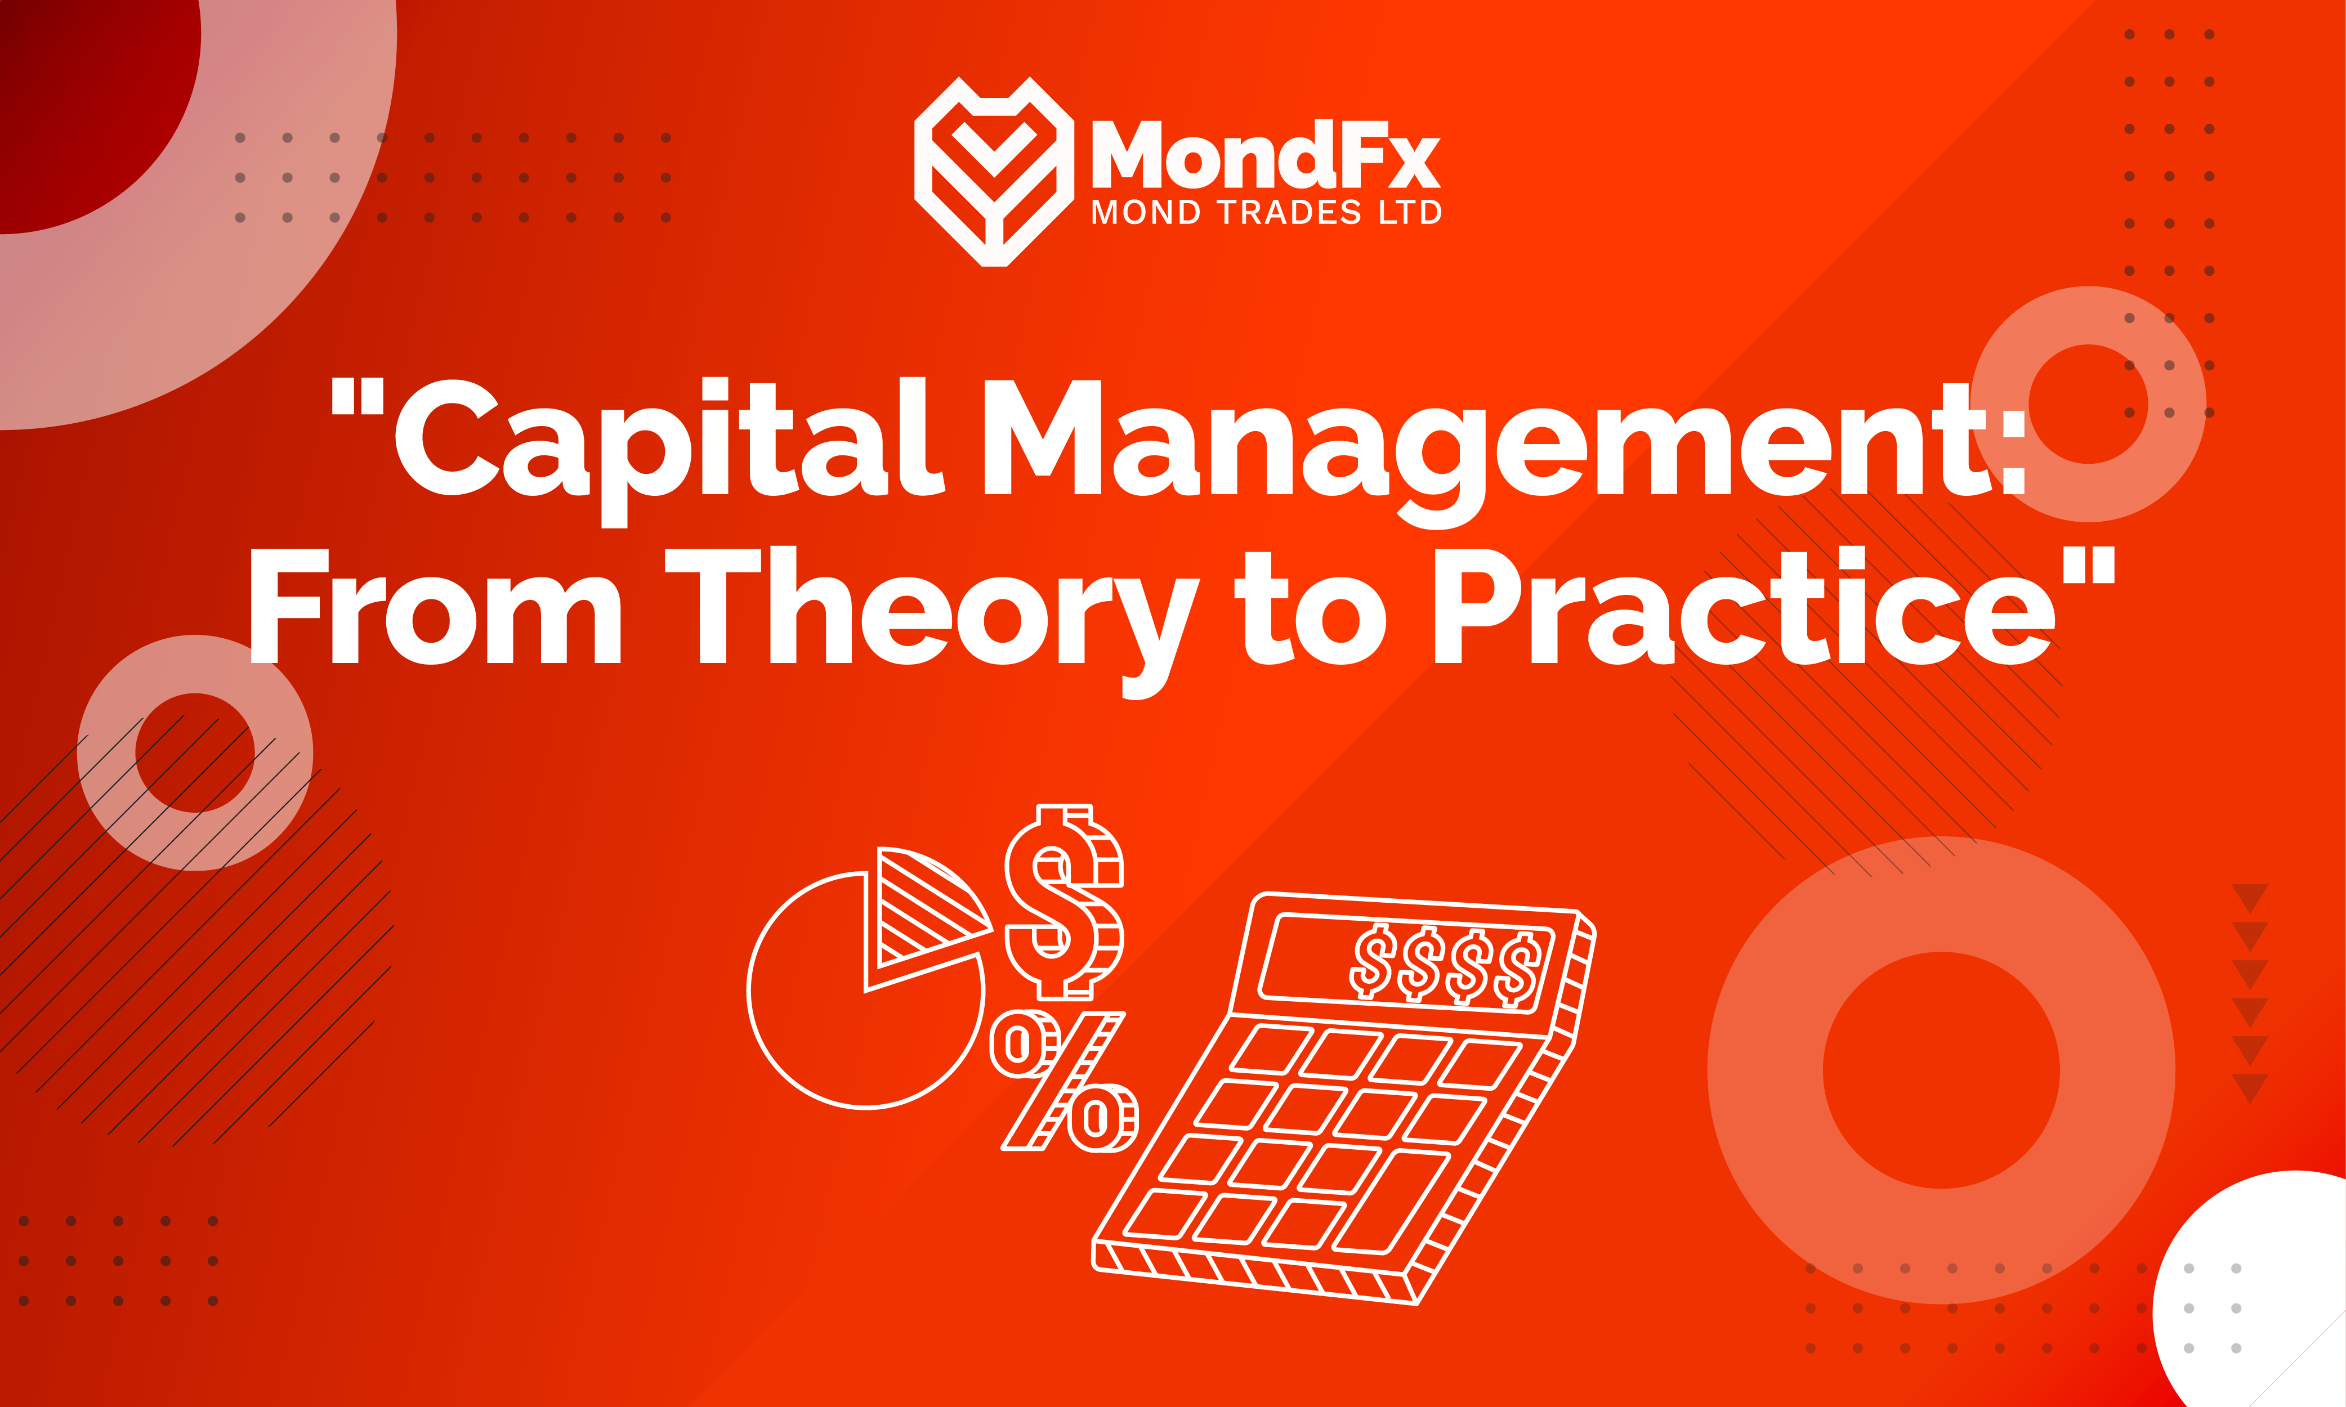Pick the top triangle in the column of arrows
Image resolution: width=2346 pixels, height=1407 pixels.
click(x=2249, y=896)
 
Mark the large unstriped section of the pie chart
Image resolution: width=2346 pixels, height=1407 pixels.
click(x=844, y=1024)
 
